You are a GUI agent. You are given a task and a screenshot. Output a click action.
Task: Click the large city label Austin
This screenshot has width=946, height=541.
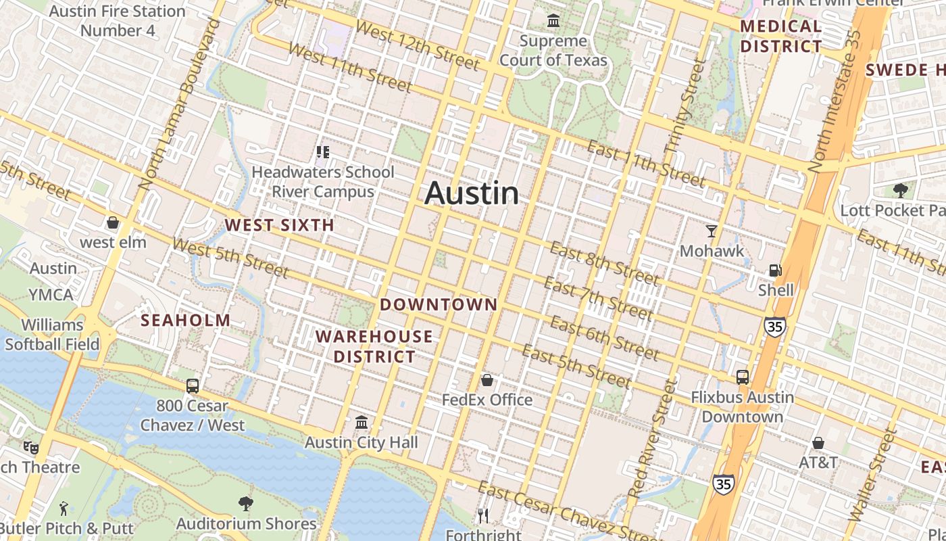click(472, 193)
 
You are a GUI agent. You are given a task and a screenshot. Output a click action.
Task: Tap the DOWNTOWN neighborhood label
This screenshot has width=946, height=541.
click(439, 304)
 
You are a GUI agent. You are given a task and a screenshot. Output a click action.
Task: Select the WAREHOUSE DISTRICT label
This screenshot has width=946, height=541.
click(374, 346)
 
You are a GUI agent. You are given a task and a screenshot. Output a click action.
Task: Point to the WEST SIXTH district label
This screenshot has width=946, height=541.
click(280, 225)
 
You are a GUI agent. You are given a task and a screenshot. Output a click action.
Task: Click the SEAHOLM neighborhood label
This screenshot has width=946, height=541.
click(185, 321)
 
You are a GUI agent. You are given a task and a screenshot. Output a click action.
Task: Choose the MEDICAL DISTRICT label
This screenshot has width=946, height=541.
click(781, 37)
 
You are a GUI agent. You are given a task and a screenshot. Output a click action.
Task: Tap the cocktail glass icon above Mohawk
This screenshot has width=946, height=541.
click(711, 231)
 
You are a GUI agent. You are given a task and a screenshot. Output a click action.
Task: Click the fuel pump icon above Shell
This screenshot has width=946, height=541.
click(775, 270)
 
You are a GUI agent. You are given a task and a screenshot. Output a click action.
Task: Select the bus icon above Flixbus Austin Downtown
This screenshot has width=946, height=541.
click(742, 377)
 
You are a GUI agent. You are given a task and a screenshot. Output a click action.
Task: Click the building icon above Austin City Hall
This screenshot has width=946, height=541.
click(362, 423)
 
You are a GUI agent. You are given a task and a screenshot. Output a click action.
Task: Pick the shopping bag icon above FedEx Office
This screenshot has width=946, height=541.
click(487, 380)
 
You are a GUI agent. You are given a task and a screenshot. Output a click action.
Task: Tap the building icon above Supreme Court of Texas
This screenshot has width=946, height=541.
click(553, 21)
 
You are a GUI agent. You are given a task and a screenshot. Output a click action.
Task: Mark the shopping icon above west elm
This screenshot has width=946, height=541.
click(113, 222)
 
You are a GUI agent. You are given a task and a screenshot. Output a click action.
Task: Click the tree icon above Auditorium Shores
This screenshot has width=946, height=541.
click(246, 503)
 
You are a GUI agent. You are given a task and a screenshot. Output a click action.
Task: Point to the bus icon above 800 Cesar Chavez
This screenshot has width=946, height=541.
click(193, 386)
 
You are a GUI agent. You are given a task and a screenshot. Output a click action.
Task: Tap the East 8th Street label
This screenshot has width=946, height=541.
click(603, 263)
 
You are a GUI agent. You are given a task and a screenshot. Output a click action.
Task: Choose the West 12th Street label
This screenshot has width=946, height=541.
click(417, 46)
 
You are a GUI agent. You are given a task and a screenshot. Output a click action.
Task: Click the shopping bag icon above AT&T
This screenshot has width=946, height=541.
click(818, 443)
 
